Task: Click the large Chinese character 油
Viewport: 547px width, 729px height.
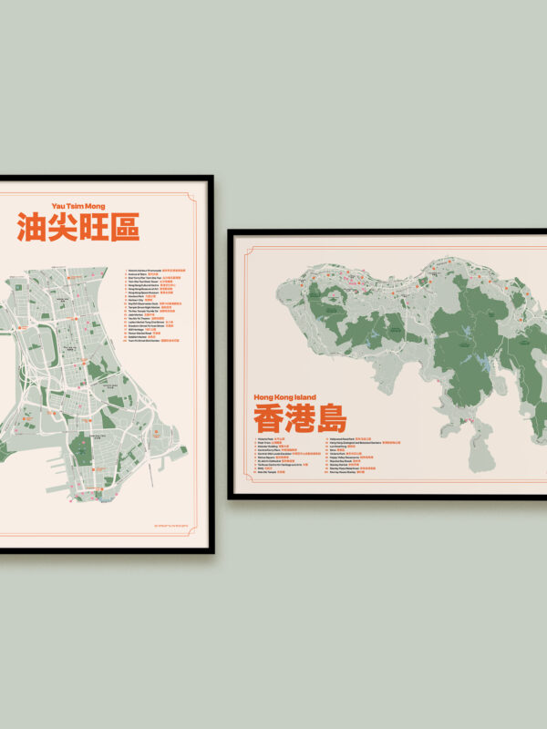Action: (x=32, y=228)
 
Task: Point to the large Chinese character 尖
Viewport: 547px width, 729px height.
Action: (x=63, y=228)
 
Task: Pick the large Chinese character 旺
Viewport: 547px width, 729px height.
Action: (x=94, y=228)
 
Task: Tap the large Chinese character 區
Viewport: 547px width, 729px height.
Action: (x=125, y=228)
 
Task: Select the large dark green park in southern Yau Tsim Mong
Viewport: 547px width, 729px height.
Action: (x=108, y=418)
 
